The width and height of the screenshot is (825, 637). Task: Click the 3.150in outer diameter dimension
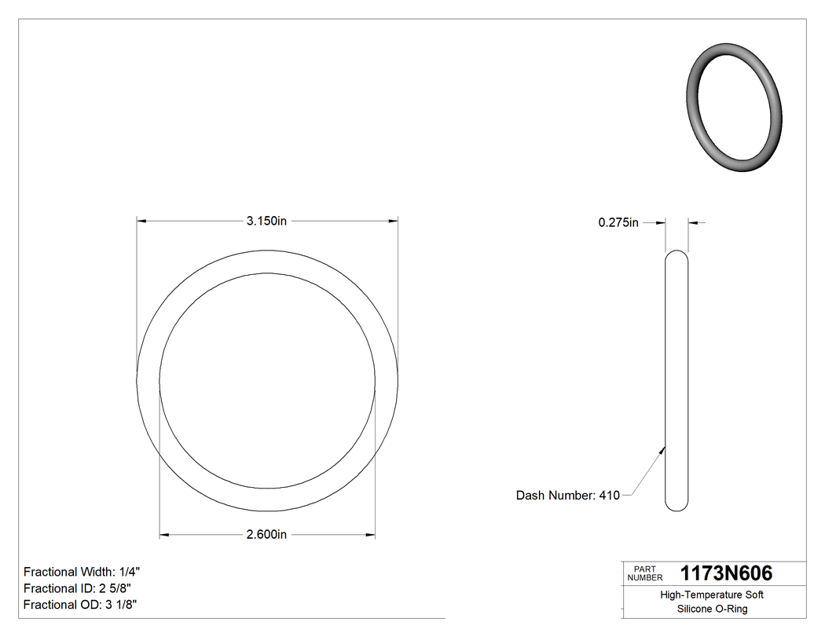(266, 221)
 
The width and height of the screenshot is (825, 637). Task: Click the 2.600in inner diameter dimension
(266, 535)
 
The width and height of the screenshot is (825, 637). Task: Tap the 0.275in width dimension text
(618, 223)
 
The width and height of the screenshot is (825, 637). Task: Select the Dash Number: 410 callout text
(567, 496)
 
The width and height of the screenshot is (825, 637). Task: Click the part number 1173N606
(726, 573)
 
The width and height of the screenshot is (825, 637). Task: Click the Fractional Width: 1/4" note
(82, 572)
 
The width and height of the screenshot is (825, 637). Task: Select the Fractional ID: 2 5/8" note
(77, 588)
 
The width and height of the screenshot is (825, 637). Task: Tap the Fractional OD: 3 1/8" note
(82, 605)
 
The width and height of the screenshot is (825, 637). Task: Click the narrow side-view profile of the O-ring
(676, 381)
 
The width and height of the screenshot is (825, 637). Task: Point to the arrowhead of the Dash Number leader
(663, 450)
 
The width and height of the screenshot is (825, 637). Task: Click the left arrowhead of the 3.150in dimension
(141, 221)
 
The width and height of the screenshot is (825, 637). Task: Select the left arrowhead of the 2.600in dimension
(164, 535)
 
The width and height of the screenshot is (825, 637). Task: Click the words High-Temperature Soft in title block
(712, 595)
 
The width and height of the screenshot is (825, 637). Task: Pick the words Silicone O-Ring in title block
(712, 609)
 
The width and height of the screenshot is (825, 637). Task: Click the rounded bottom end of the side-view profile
(676, 507)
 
